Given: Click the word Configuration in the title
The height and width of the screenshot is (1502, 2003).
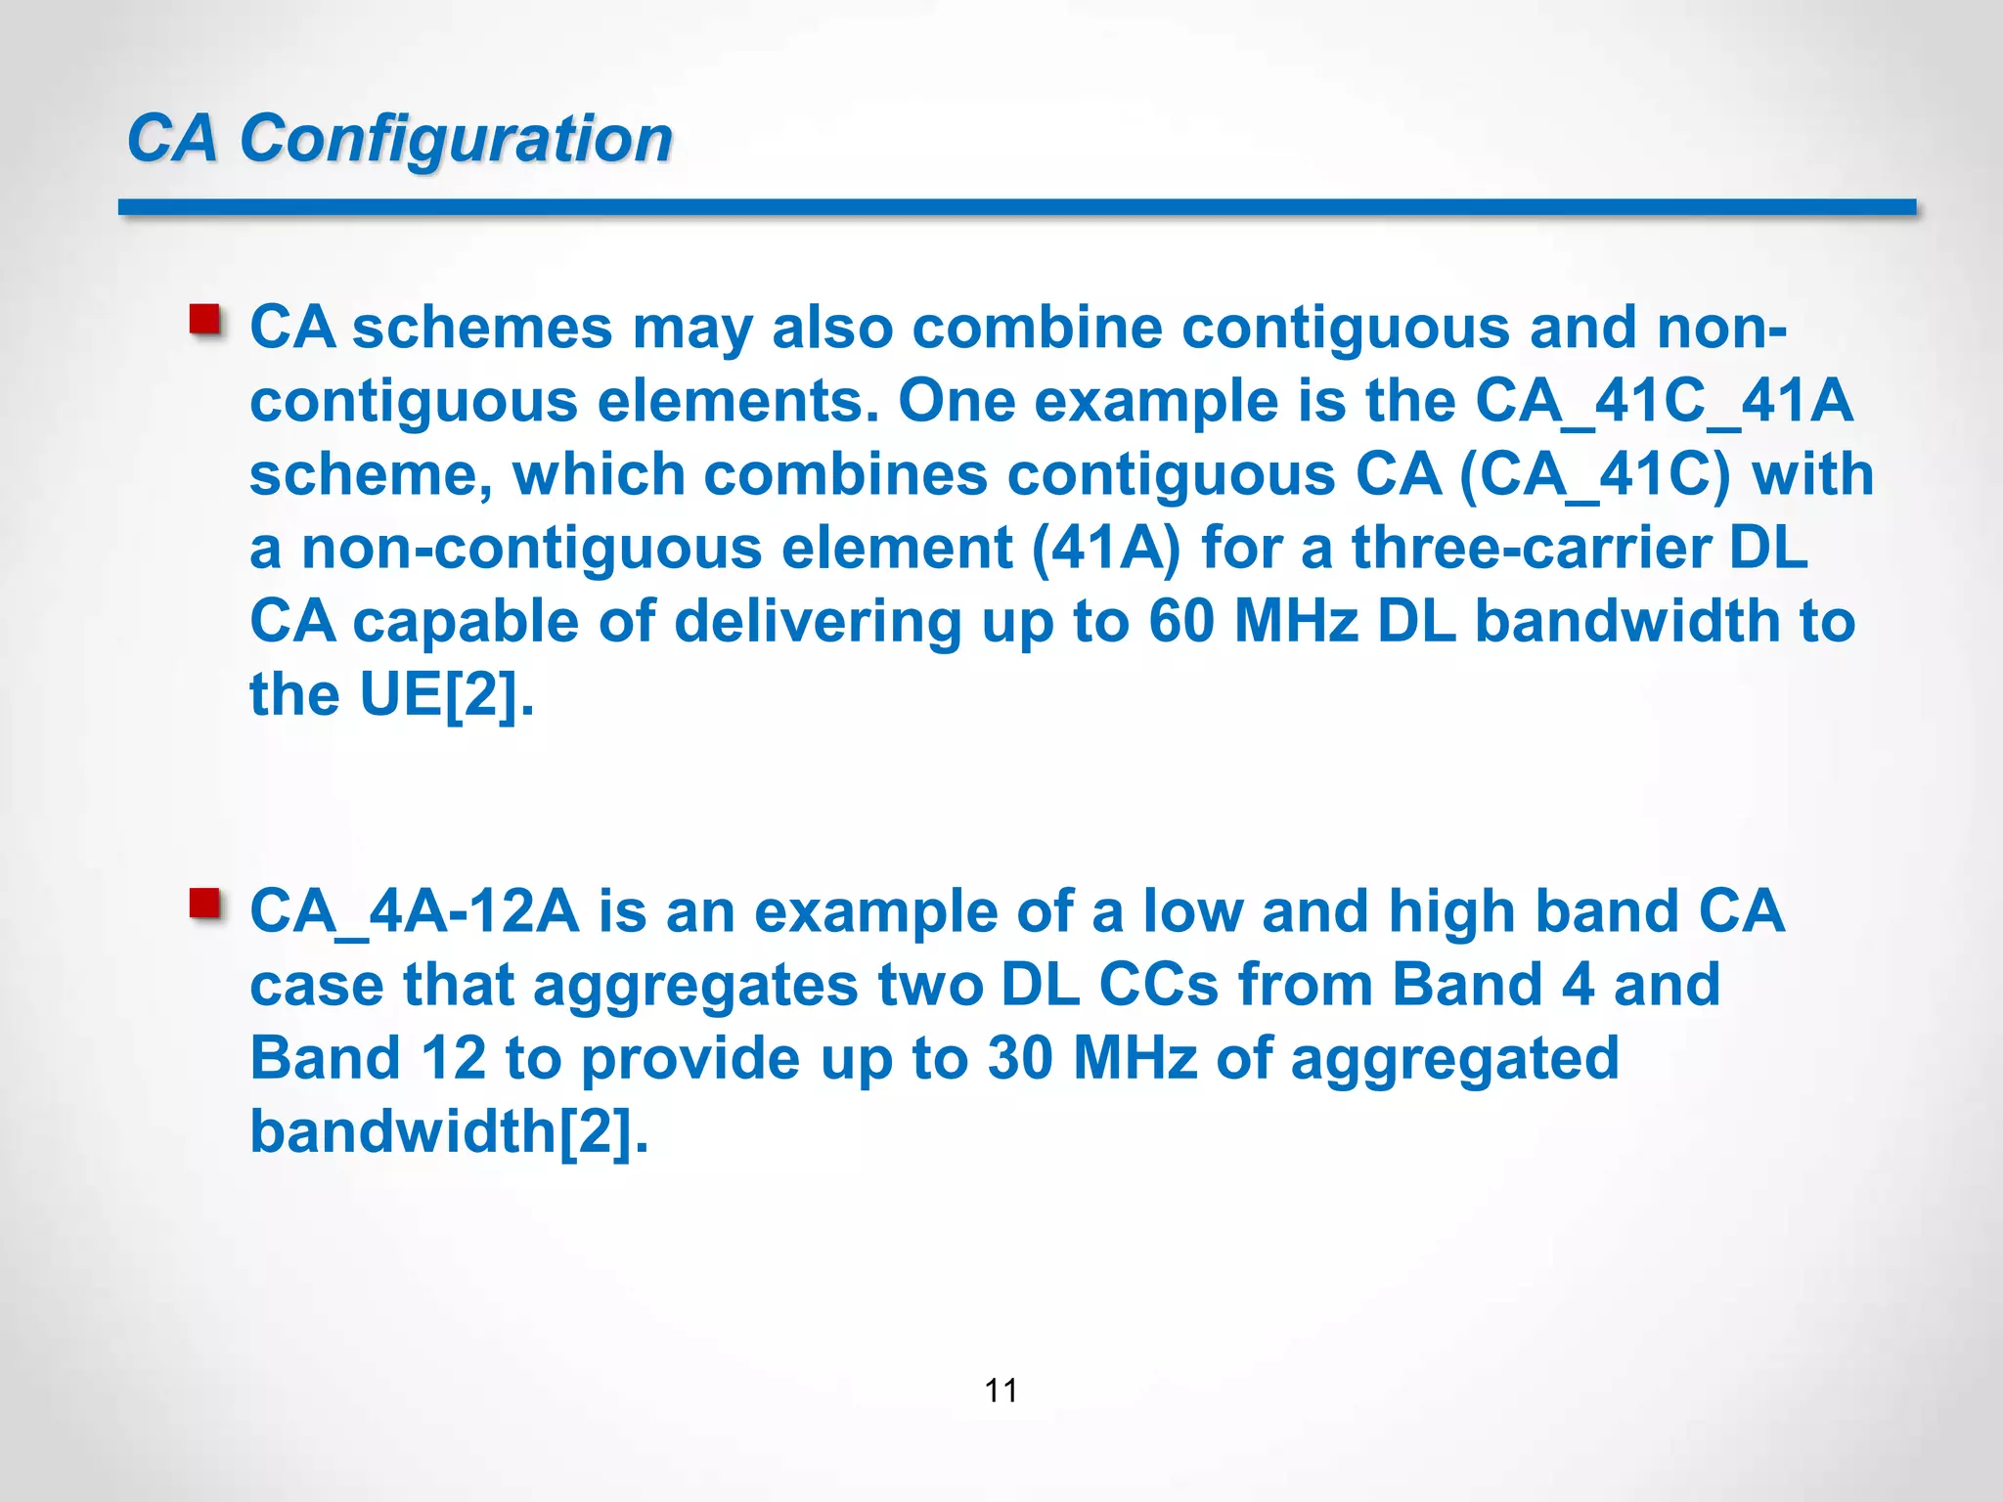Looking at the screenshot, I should coord(456,139).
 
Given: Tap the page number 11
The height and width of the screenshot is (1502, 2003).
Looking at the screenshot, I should coord(1001,1390).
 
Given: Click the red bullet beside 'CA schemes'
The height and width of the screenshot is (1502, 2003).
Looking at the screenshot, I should coord(205,320).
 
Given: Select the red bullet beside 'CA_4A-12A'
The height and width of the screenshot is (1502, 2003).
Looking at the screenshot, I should coord(205,903).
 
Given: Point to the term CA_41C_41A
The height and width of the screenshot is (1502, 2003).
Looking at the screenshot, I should coord(1664,401).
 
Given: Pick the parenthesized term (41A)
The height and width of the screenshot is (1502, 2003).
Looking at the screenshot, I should coord(1106,548).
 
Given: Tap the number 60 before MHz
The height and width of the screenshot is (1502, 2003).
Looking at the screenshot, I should coord(1181,621).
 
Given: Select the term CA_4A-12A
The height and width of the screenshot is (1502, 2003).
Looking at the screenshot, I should coord(415,911).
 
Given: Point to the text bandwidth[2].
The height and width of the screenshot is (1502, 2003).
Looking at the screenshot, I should coord(449,1131).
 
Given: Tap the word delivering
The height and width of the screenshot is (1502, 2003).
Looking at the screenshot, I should coord(818,621).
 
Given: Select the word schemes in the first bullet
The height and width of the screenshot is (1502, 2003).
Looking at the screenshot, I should coord(482,328).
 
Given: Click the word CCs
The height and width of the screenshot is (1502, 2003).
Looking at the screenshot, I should coord(1159,985).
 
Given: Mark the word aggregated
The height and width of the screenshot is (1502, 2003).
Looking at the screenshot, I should coord(1454,1058).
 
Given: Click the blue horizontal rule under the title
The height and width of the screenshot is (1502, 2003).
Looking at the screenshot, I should coord(1017,207).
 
